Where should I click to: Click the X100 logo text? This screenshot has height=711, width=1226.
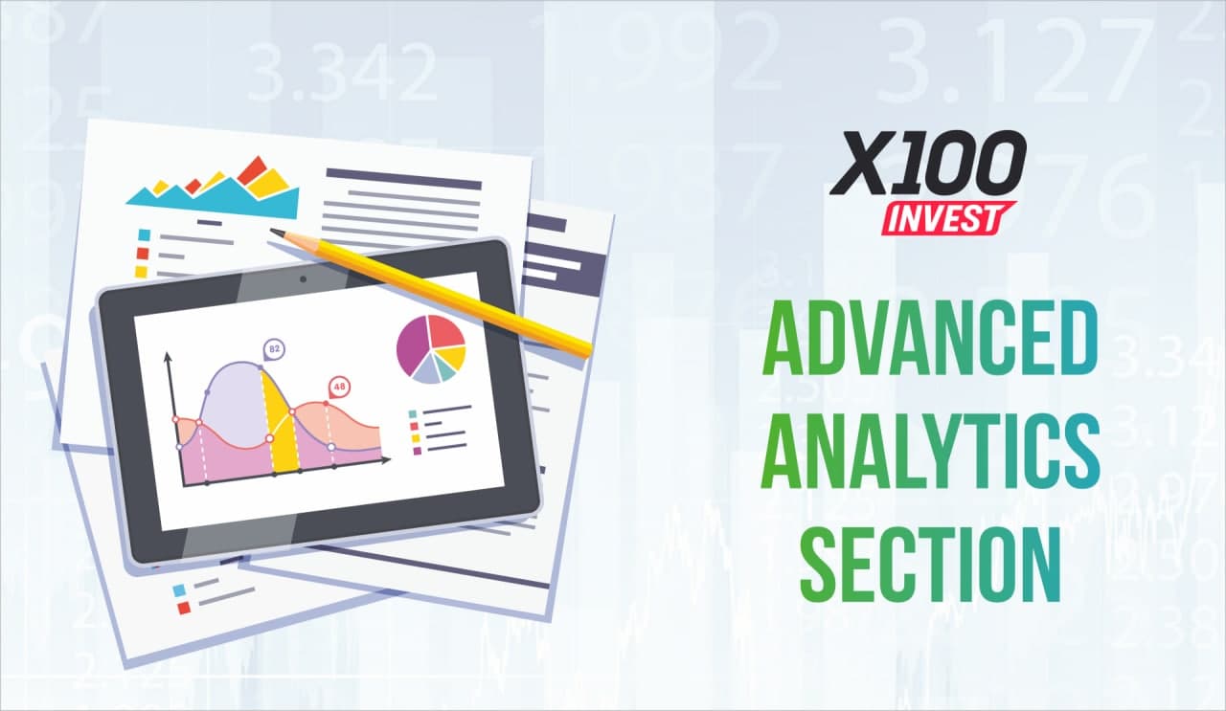(928, 163)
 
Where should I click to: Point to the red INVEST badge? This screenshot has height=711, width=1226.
(948, 218)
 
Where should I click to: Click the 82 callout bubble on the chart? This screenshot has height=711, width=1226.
(274, 350)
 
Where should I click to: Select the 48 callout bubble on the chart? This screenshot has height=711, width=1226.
(339, 388)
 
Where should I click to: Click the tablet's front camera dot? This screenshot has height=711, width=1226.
(304, 279)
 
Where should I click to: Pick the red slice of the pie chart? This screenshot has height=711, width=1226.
(446, 332)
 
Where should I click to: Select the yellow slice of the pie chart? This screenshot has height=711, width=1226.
(453, 357)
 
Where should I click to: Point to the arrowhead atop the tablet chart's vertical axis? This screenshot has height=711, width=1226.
(168, 357)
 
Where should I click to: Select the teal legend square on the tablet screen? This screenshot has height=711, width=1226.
(413, 414)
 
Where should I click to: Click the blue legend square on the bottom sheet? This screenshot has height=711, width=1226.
(179, 590)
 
